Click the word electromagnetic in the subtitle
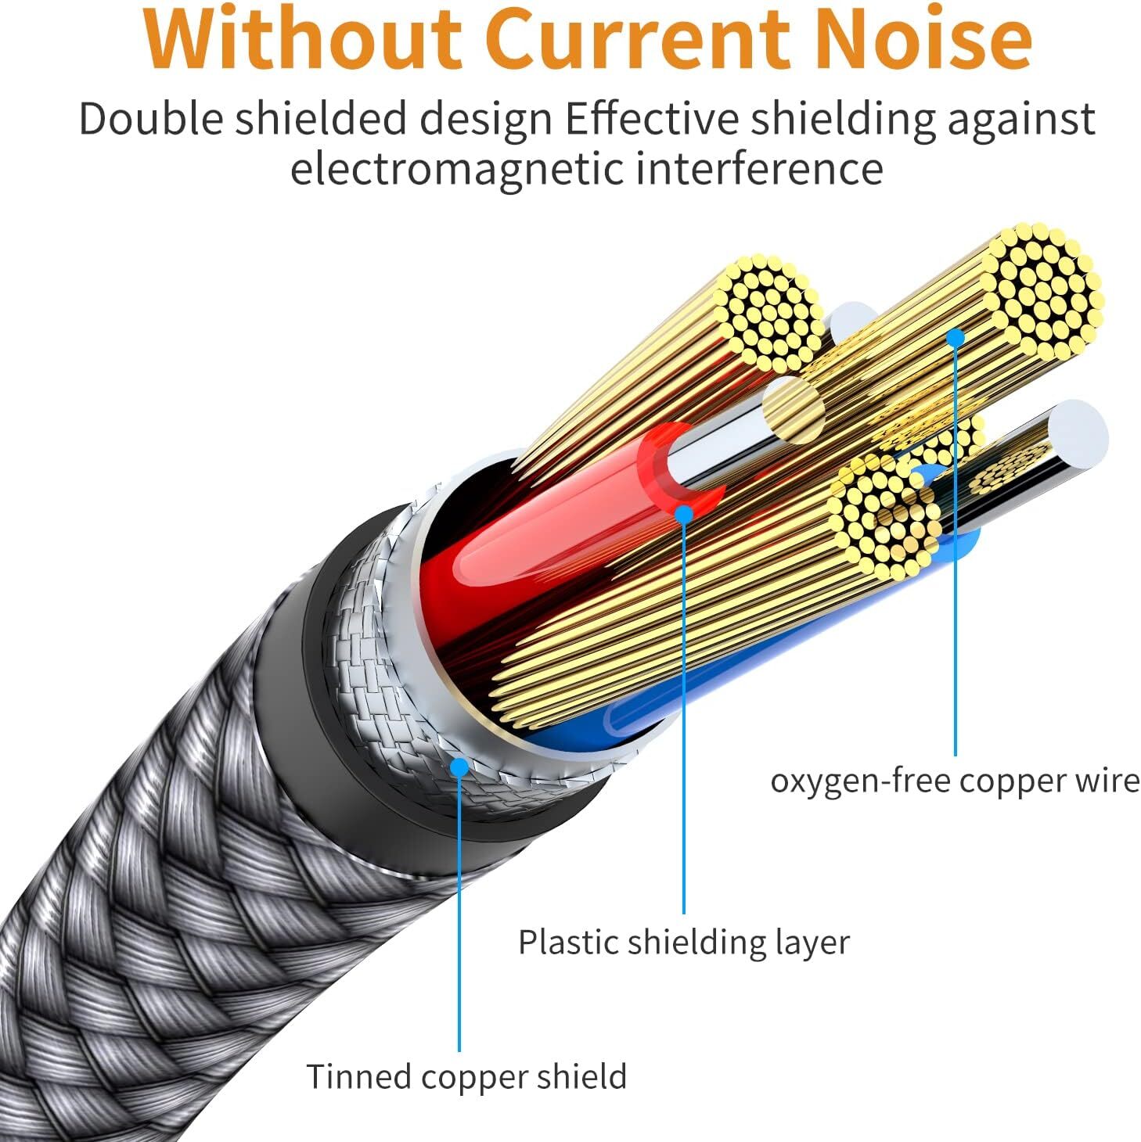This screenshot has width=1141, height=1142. (x=455, y=169)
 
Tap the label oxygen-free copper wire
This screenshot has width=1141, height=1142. (x=955, y=781)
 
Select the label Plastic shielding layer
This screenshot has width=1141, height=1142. (x=683, y=942)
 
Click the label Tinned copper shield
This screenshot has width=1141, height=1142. (x=466, y=1076)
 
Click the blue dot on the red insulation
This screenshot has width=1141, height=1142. (x=684, y=513)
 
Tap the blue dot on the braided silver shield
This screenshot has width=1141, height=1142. (x=460, y=767)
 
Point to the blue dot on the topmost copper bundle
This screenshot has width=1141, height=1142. (x=955, y=337)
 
